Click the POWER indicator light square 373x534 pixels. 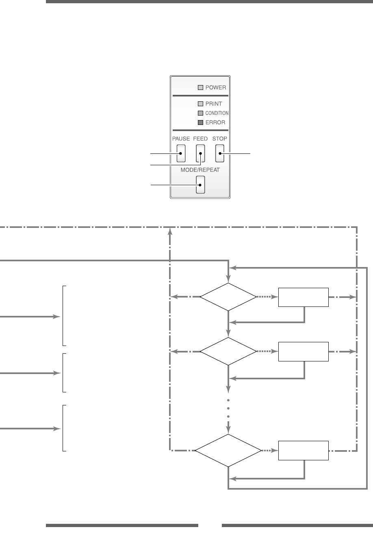click(200, 88)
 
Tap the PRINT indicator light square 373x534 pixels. click(200, 103)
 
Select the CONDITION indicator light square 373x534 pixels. click(200, 113)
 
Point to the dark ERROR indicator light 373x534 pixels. click(200, 122)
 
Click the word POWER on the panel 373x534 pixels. click(216, 88)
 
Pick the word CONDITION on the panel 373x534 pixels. click(217, 113)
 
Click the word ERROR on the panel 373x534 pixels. click(215, 122)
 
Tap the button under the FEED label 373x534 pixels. click(200, 153)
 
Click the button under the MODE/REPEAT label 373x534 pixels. click(200, 184)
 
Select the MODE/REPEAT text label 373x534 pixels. click(200, 170)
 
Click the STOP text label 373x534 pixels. click(220, 138)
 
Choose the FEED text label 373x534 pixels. click(200, 138)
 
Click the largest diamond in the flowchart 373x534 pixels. click(228, 451)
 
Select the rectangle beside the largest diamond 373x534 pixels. click(303, 451)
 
